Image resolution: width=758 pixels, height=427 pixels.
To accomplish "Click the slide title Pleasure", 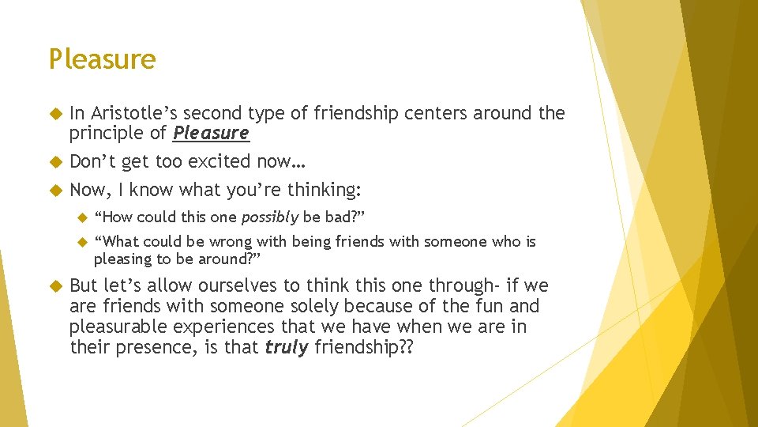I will (102, 59).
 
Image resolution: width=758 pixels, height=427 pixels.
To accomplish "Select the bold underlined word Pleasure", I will (211, 133).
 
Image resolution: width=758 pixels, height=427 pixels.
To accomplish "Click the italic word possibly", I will (270, 217).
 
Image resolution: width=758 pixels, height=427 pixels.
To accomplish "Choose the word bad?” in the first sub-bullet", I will (345, 217).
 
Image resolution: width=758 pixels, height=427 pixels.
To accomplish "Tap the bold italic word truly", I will (286, 347).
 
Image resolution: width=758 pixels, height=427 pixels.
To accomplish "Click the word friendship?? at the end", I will (362, 347).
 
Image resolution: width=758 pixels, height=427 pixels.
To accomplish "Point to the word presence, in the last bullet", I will (145, 347).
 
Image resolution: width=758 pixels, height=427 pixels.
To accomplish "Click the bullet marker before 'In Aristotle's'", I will (55, 114).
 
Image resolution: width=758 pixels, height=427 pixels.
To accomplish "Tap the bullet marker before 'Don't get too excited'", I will (55, 162).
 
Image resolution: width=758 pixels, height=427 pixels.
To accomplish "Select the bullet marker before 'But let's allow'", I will (55, 285).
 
